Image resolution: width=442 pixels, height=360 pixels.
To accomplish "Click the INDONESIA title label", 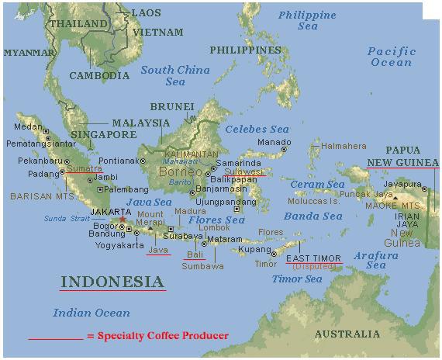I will (112, 282).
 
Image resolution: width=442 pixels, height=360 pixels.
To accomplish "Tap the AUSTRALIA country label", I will (347, 334).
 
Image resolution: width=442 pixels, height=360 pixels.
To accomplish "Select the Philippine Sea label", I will (308, 20).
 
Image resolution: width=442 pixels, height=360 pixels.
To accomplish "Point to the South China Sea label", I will (175, 75).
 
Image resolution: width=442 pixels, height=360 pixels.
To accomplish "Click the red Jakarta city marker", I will (121, 220).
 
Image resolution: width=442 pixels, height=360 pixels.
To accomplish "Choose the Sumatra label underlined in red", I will (84, 168).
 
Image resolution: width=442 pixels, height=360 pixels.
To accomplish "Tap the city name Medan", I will (29, 126).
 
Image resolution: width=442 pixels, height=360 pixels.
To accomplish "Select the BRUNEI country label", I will (171, 106).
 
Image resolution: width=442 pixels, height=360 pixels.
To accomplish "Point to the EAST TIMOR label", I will (315, 258).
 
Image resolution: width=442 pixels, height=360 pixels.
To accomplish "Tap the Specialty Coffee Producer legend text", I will (157, 336).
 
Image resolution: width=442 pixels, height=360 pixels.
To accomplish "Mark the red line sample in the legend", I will (55, 339).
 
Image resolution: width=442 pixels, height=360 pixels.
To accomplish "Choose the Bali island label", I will (195, 254).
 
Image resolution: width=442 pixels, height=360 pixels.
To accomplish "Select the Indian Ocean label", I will (92, 313).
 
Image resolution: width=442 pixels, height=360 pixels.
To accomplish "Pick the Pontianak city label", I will (116, 161).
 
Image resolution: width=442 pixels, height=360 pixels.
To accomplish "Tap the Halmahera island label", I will (344, 145).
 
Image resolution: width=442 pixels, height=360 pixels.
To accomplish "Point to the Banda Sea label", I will (313, 216).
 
